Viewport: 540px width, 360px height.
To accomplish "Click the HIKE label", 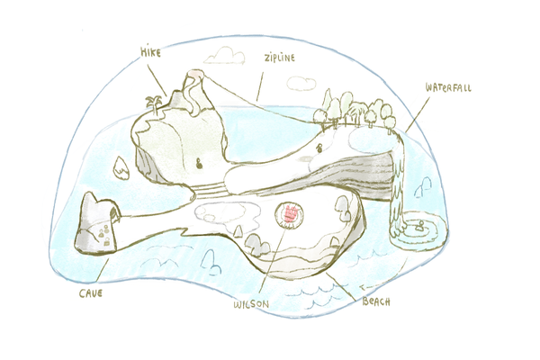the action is pyautogui.click(x=150, y=52).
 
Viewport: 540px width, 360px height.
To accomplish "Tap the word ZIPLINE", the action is pyautogui.click(x=280, y=58).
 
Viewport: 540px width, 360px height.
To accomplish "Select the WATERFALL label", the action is pyautogui.click(x=448, y=87).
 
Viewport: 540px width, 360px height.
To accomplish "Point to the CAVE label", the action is pyautogui.click(x=91, y=293).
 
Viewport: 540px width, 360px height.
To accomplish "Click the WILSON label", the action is pyautogui.click(x=251, y=304).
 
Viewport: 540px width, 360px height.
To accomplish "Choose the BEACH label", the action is pyautogui.click(x=376, y=301).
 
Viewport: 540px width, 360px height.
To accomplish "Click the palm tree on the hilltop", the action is pyautogui.click(x=154, y=104).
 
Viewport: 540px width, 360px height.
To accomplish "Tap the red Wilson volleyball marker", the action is pyautogui.click(x=290, y=214).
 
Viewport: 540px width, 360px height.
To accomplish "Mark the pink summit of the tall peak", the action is pyautogui.click(x=195, y=73).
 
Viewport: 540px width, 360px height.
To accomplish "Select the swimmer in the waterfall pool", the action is pyautogui.click(x=419, y=226).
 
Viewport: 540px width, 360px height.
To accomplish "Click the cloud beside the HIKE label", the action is pyautogui.click(x=224, y=56).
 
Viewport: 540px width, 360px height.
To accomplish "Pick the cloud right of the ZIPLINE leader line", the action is pyautogui.click(x=301, y=84).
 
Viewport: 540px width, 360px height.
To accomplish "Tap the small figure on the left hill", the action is pyautogui.click(x=199, y=164).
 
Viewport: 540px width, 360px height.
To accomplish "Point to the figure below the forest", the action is pyautogui.click(x=320, y=148).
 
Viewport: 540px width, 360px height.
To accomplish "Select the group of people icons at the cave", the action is pyautogui.click(x=104, y=235).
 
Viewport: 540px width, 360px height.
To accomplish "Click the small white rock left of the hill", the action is pyautogui.click(x=121, y=168).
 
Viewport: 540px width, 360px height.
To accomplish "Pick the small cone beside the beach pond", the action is pyautogui.click(x=238, y=231).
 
